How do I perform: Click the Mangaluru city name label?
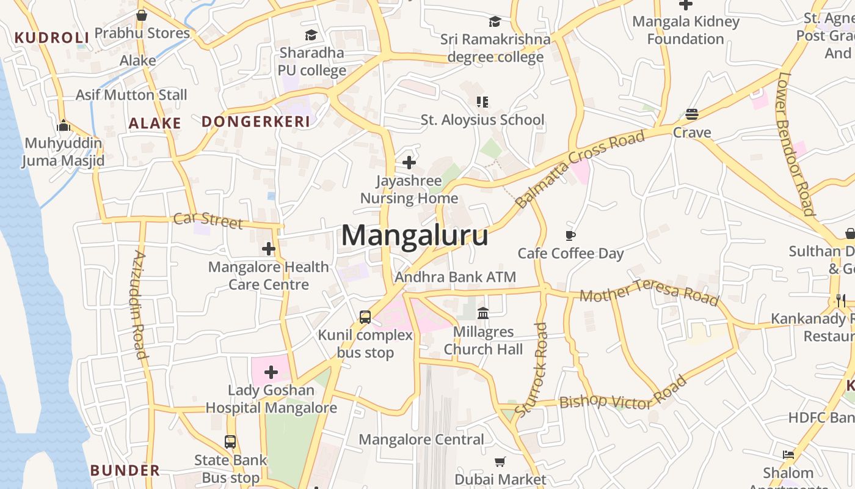pyautogui.click(x=415, y=235)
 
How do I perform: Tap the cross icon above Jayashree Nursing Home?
pyautogui.click(x=409, y=163)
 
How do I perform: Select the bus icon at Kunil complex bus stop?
pyautogui.click(x=365, y=317)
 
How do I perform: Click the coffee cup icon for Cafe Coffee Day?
pyautogui.click(x=570, y=235)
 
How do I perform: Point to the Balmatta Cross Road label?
pyautogui.click(x=580, y=168)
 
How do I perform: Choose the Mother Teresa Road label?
pyautogui.click(x=649, y=292)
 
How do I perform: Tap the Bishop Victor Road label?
pyautogui.click(x=622, y=394)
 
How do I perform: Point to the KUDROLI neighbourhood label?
pyautogui.click(x=52, y=38)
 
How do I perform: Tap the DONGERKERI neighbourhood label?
pyautogui.click(x=256, y=122)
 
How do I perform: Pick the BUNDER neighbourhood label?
pyautogui.click(x=125, y=471)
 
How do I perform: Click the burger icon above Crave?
pyautogui.click(x=692, y=114)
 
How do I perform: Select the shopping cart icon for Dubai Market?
pyautogui.click(x=500, y=461)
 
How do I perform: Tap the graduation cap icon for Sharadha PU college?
pyautogui.click(x=311, y=35)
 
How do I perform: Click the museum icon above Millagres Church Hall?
pyautogui.click(x=483, y=314)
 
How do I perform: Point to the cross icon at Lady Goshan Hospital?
pyautogui.click(x=271, y=372)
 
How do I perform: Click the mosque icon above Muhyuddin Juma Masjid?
pyautogui.click(x=64, y=126)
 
